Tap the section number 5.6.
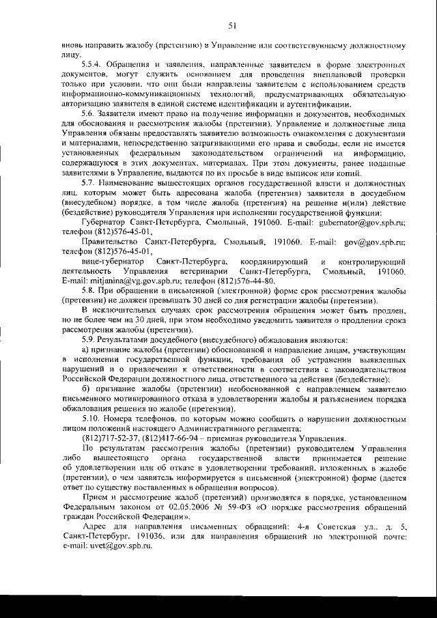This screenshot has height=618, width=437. click(x=89, y=113)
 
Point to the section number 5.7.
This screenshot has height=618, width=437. click(x=89, y=185)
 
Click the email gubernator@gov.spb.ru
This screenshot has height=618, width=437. click(x=367, y=223)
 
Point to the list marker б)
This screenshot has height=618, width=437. click(x=85, y=389)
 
